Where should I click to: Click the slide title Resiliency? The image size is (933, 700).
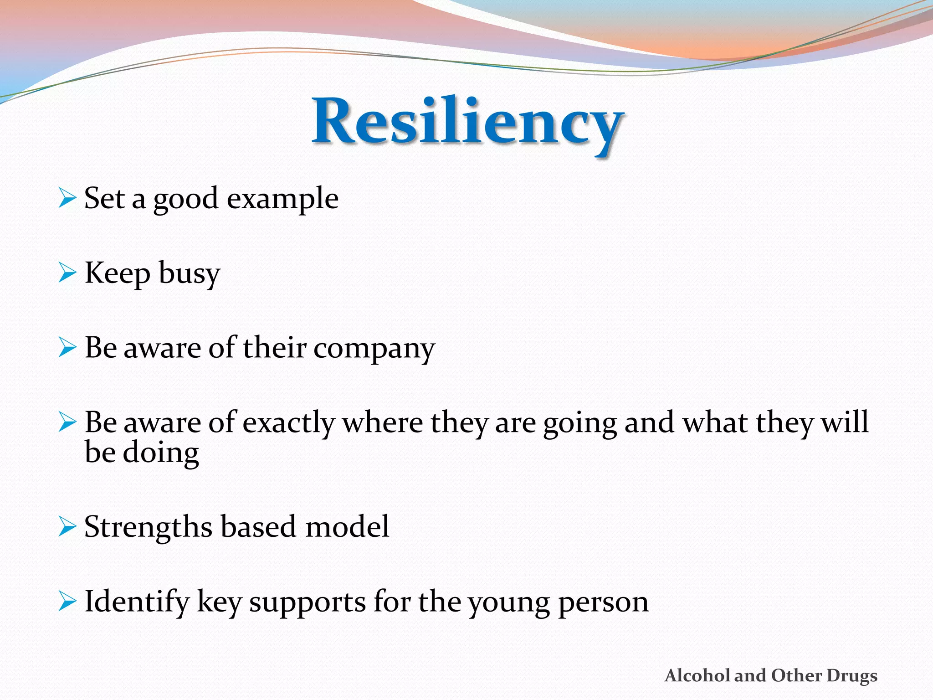[467, 122]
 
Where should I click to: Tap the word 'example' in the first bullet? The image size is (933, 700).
[282, 199]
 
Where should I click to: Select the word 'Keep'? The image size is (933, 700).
[117, 273]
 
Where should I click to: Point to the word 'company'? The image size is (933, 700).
[374, 349]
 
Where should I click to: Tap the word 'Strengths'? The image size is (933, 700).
[149, 528]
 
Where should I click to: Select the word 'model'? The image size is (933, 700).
[347, 527]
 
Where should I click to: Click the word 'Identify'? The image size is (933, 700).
[137, 602]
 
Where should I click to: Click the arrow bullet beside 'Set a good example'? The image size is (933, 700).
[67, 199]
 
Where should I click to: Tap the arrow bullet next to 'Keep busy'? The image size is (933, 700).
[67, 273]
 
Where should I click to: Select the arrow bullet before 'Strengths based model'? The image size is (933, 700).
[67, 527]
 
